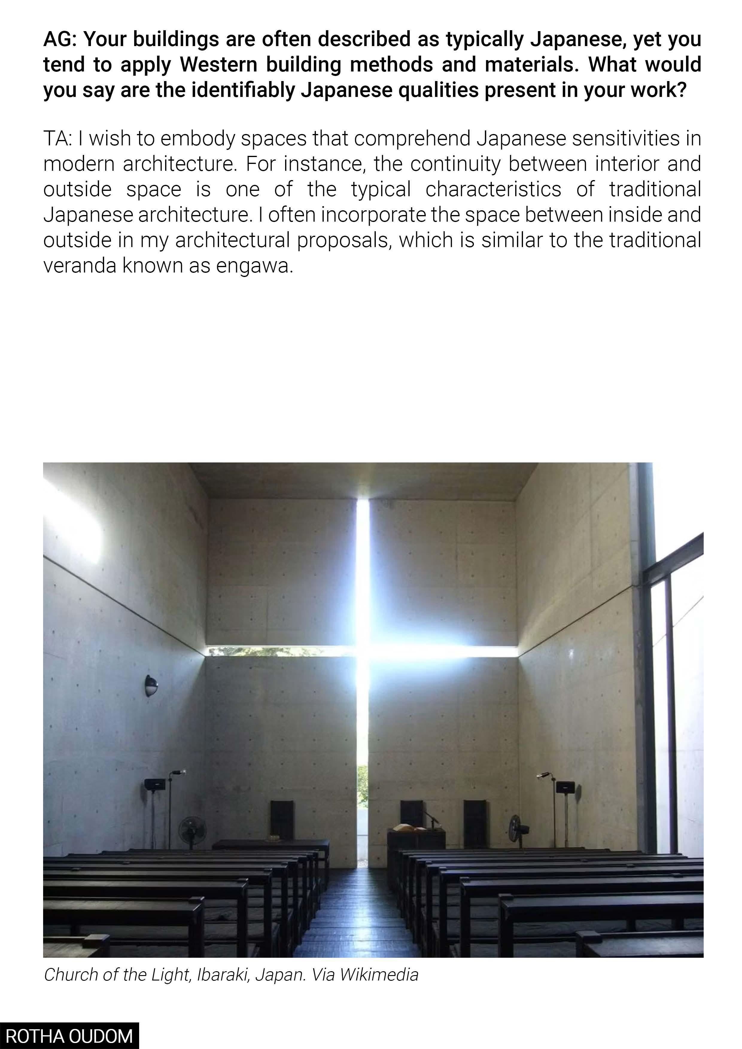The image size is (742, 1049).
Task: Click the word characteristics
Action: pyautogui.click(x=493, y=189)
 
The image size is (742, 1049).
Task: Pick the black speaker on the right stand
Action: pyautogui.click(x=565, y=787)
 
